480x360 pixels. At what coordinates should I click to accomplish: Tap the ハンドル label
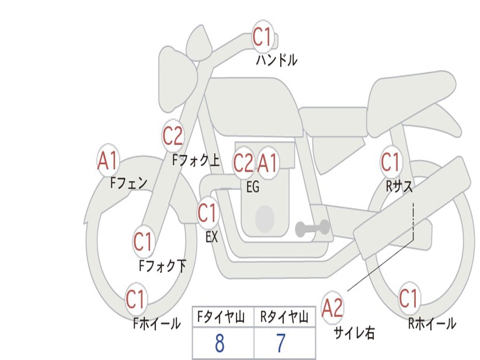277,60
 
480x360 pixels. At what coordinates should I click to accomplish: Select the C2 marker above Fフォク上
173,136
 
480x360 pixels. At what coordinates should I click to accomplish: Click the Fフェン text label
129,182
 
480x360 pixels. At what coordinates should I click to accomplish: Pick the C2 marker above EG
243,163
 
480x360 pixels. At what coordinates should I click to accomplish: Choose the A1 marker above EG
268,163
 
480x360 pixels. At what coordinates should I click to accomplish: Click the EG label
253,187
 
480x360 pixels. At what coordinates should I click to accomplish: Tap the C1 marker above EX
207,213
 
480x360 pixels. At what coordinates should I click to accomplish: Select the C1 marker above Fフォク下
143,241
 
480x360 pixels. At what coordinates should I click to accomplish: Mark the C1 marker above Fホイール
136,299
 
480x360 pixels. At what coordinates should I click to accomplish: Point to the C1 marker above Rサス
390,162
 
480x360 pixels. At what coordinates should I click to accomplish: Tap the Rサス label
399,187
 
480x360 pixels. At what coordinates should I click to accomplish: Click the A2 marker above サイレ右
333,307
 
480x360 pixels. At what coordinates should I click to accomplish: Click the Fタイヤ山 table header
223,318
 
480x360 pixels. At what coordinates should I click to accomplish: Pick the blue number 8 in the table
219,344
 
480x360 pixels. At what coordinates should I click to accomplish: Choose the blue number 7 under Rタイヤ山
280,344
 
